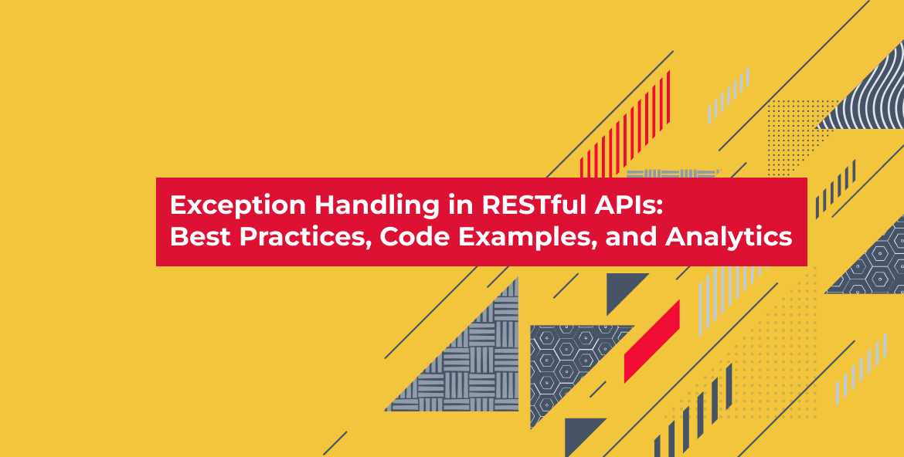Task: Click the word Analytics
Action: pyautogui.click(x=729, y=239)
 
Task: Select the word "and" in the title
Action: pyautogui.click(x=630, y=238)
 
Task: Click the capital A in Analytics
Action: pyautogui.click(x=675, y=238)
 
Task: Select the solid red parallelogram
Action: pyautogui.click(x=652, y=341)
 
